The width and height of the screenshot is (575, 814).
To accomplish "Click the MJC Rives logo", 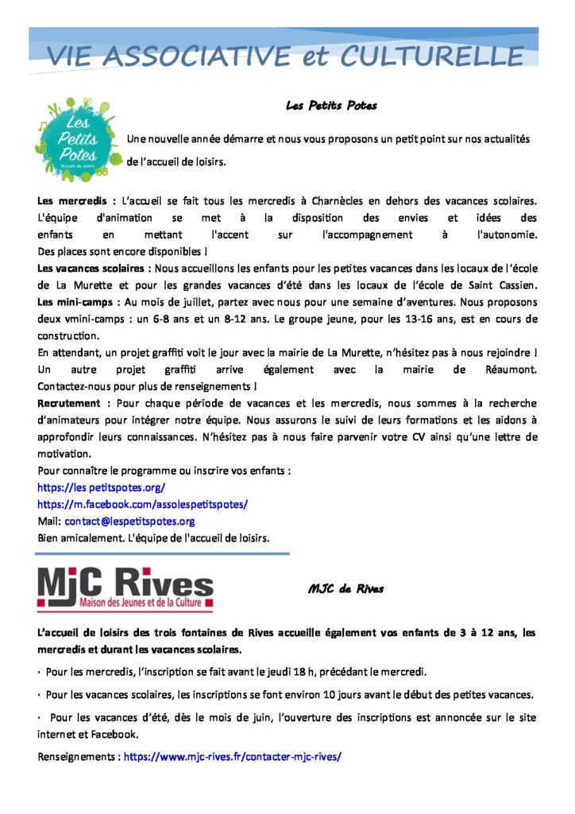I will click(x=125, y=589).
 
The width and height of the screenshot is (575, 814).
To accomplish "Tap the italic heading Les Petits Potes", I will click(x=331, y=105).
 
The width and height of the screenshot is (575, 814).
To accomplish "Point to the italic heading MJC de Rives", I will click(x=345, y=589).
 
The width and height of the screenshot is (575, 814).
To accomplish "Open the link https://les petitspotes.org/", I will click(x=101, y=487).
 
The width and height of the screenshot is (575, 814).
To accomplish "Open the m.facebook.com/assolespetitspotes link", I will click(x=143, y=504).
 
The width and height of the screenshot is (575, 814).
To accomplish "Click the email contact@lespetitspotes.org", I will click(x=129, y=521).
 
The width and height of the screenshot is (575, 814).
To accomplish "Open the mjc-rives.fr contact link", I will click(x=233, y=757).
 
